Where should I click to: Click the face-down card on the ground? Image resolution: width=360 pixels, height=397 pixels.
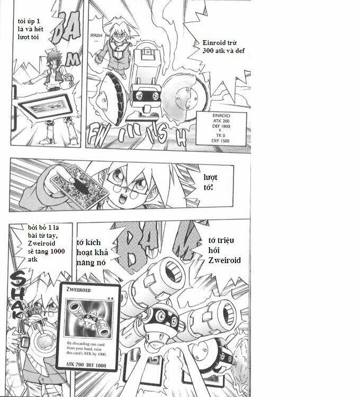48,108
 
